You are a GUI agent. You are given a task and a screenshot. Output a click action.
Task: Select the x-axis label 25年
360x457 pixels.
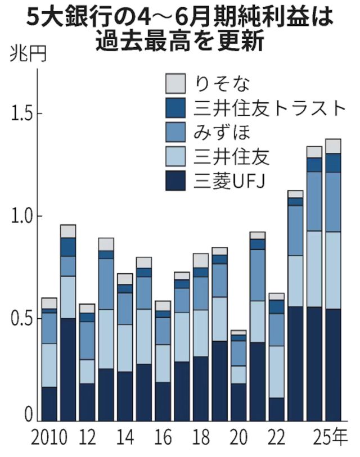tap(332, 437)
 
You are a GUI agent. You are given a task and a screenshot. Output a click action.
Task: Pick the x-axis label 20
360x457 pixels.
tap(238, 437)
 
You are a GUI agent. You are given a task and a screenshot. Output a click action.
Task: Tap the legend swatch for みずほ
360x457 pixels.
tap(175, 133)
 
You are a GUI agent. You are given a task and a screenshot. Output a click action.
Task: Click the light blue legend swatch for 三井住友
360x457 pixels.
tap(175, 157)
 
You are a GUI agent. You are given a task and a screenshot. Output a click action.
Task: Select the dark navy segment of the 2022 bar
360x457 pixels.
tap(276, 409)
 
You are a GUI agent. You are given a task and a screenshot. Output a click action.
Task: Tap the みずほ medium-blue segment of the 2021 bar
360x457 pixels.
tap(258, 275)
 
